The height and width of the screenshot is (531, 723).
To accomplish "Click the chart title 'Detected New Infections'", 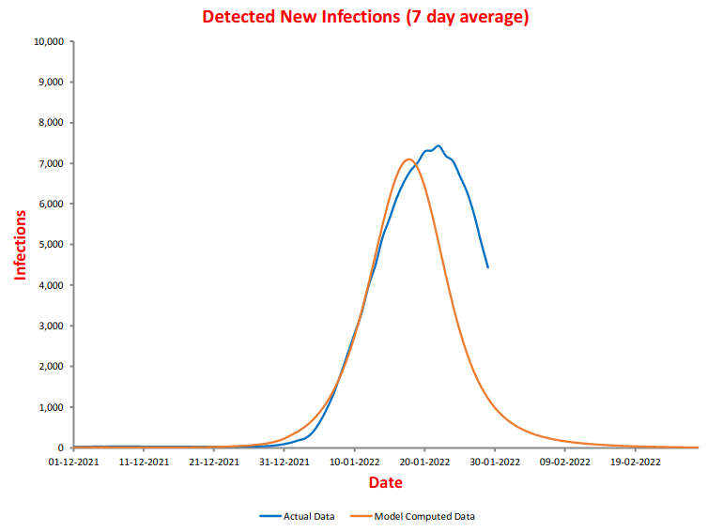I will pyautogui.click(x=365, y=17).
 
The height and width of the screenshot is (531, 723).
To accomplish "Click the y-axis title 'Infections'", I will pyautogui.click(x=20, y=245).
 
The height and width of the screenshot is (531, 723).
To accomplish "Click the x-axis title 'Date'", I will pyautogui.click(x=385, y=482).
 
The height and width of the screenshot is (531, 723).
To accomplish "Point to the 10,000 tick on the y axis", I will pyautogui.click(x=47, y=41).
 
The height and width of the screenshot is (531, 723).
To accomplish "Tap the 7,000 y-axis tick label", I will pyautogui.click(x=50, y=163).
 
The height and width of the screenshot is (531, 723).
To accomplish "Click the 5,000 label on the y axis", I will pyautogui.click(x=50, y=245).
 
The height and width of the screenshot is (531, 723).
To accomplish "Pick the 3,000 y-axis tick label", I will pyautogui.click(x=50, y=326).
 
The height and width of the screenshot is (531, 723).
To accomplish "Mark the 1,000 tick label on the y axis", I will pyautogui.click(x=50, y=407).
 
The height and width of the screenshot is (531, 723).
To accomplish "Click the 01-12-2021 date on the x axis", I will pyautogui.click(x=73, y=461).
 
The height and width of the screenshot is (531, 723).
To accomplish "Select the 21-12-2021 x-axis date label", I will pyautogui.click(x=214, y=461).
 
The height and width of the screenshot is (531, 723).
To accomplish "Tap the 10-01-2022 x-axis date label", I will pyautogui.click(x=354, y=461).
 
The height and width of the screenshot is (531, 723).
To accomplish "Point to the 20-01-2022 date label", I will pyautogui.click(x=424, y=461).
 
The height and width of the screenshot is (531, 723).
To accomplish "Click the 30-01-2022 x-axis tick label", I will pyautogui.click(x=495, y=461).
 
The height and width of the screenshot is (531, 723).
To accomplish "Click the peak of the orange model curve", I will pyautogui.click(x=408, y=159).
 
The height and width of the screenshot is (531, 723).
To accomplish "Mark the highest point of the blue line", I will pyautogui.click(x=438, y=146).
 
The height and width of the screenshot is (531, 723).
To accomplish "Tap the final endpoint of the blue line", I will pyautogui.click(x=488, y=267).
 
